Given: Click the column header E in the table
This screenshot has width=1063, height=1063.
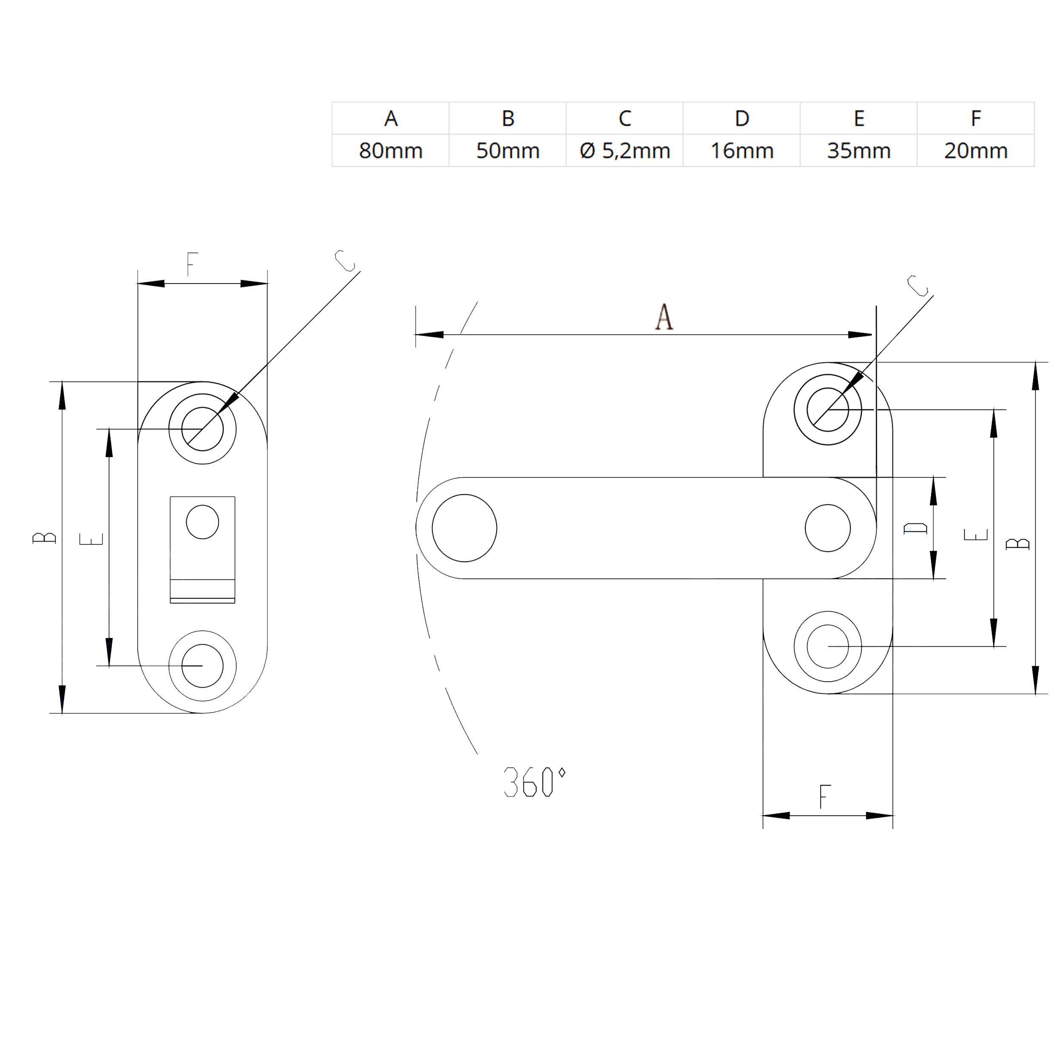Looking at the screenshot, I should (x=858, y=118).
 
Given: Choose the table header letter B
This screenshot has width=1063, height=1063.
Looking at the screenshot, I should (x=508, y=118).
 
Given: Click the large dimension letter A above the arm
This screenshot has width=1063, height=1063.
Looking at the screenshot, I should (x=664, y=318).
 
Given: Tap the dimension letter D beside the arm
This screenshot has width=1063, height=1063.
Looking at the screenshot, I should (x=915, y=528).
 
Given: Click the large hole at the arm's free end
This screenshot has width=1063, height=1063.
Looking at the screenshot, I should (x=464, y=528).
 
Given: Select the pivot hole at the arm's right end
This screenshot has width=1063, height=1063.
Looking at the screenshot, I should (x=827, y=528).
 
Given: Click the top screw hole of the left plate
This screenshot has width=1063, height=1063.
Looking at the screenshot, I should (x=202, y=429).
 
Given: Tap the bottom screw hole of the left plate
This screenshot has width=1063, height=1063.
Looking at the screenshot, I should (x=202, y=666).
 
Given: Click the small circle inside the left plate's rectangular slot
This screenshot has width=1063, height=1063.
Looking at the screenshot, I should (x=202, y=522).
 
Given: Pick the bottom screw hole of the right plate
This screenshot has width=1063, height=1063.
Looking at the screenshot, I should (x=827, y=646).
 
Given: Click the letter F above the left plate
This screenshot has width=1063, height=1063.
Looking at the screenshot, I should (x=191, y=264).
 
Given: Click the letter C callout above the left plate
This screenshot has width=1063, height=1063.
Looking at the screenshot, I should (x=345, y=261).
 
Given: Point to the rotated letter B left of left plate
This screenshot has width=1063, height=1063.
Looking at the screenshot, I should (x=45, y=537).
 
